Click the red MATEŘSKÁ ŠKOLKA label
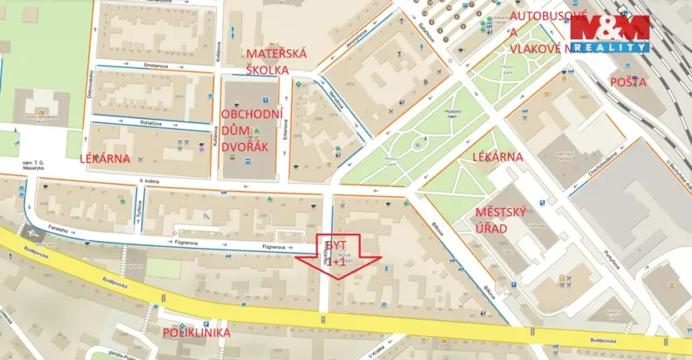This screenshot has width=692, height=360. (x=276, y=62)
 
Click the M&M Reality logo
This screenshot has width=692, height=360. (x=609, y=35)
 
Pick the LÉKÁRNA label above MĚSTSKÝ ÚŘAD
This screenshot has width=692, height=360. (x=497, y=156)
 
